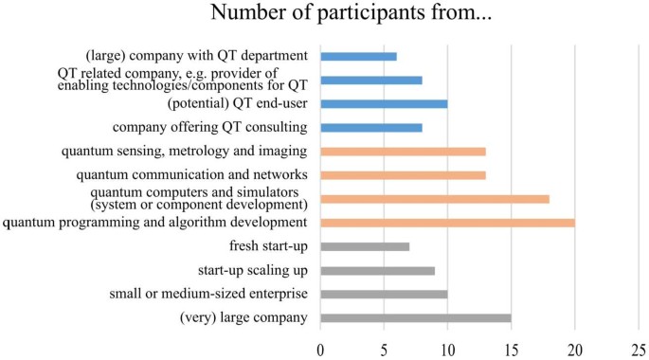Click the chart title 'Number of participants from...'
(325, 17)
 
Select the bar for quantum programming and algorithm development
(447, 223)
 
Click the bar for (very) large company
(416, 317)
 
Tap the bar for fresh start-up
(365, 246)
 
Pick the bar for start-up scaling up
(377, 270)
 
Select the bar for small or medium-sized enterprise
(384, 294)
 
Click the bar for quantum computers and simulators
(435, 199)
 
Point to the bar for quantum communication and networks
(403, 175)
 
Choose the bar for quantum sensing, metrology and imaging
(403, 152)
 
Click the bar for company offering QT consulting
(371, 128)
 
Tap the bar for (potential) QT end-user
(384, 104)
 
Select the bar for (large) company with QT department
(358, 57)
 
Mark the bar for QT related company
(371, 81)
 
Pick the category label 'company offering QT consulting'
(210, 128)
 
